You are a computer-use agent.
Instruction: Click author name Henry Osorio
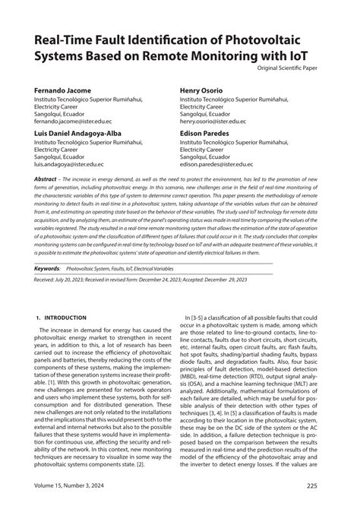pos(207,90)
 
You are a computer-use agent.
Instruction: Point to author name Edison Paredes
pos(210,132)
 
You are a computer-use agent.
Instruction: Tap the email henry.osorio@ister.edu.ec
pos(219,121)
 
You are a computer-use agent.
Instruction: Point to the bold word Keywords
pos(48,248)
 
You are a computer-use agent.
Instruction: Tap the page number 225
pos(316,486)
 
